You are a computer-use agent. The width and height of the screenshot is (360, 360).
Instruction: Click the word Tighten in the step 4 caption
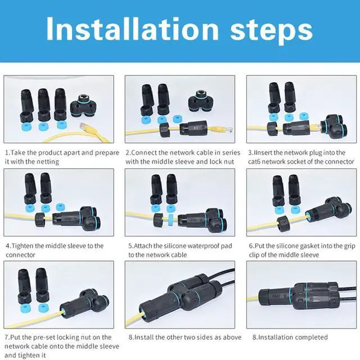(x=26, y=246)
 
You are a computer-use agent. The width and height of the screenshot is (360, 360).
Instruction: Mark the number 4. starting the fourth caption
(x=8, y=246)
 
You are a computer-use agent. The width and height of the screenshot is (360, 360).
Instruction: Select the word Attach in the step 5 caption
(x=147, y=246)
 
